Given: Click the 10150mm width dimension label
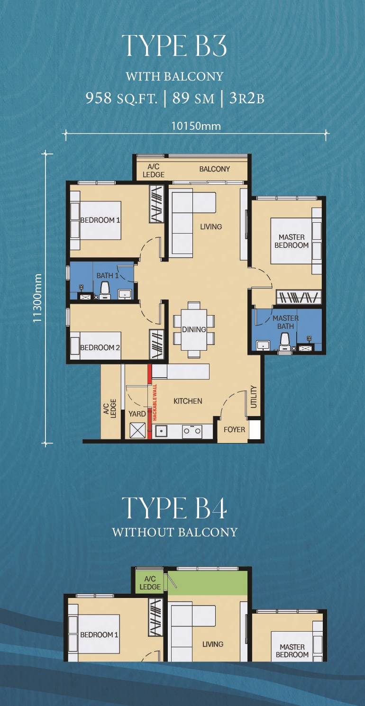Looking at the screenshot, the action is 196,126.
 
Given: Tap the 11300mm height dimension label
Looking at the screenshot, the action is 37,298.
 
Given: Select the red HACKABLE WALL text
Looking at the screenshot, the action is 155,402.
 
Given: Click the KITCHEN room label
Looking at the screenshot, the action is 188,401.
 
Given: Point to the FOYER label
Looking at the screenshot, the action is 234,430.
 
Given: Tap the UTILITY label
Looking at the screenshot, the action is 254,397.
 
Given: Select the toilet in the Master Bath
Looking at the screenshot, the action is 284,341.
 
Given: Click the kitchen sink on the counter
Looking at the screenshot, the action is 161,431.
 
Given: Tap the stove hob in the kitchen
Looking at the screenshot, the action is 192,431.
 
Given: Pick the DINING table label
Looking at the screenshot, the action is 194,329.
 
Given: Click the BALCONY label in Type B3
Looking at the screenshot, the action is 215,169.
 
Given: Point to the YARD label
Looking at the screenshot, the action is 137,414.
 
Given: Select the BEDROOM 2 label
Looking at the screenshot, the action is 100,347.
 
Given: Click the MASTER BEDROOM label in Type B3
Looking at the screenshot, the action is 292,241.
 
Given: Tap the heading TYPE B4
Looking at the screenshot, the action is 174,508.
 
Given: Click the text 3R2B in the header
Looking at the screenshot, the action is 246,99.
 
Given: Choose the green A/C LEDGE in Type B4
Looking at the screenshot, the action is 150,583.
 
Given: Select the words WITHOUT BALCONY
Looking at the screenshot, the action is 174,532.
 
